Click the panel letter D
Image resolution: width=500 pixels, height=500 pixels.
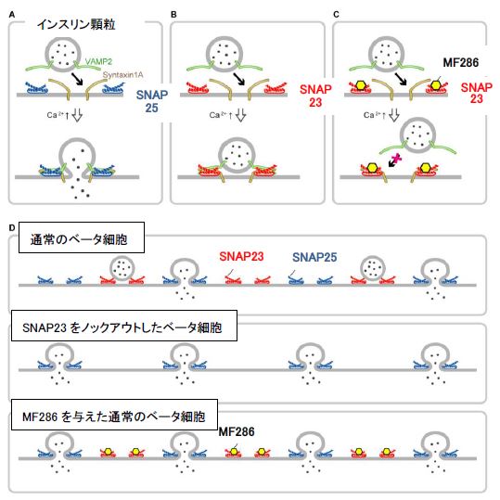click(x=10, y=225)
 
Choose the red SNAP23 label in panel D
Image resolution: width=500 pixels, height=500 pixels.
click(x=241, y=256)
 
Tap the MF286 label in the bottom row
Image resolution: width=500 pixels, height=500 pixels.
click(x=236, y=431)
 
